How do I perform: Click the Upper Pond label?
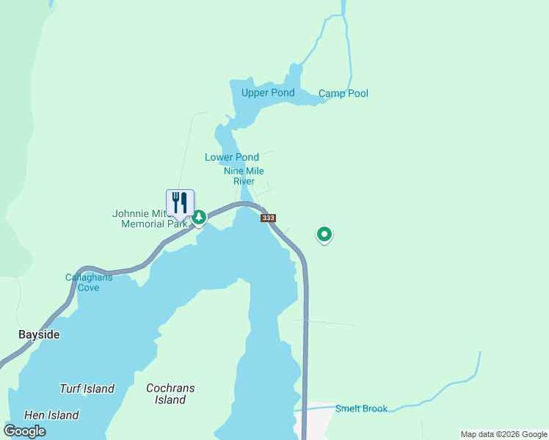click(x=268, y=92)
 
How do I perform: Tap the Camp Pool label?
click(x=343, y=93)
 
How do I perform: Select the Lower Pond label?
click(x=232, y=157)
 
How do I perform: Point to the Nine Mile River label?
click(x=244, y=176)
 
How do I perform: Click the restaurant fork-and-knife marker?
click(x=180, y=203)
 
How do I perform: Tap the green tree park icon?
click(x=199, y=218)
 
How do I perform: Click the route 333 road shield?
click(x=268, y=218)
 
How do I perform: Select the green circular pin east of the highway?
click(x=324, y=234)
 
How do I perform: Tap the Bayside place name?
click(x=39, y=334)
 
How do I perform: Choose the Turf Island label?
click(x=87, y=389)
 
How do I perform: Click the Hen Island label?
click(x=51, y=415)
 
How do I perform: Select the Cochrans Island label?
click(x=170, y=394)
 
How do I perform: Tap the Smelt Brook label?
click(x=361, y=408)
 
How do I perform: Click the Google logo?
click(x=25, y=430)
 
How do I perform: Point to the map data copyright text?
click(x=503, y=434)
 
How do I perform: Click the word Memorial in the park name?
click(x=145, y=224)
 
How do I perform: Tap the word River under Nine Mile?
click(x=244, y=181)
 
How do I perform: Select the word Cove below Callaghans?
click(x=88, y=287)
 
